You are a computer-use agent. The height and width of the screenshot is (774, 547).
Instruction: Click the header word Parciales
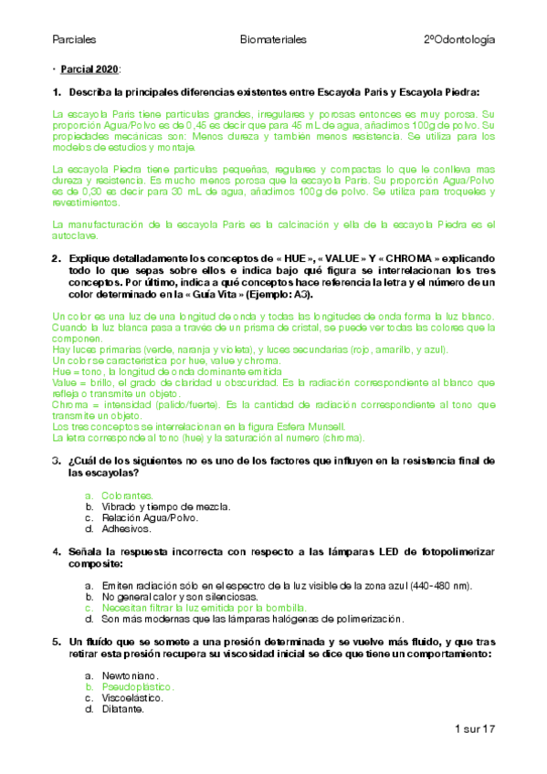[75, 40]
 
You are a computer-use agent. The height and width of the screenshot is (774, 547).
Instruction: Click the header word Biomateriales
[273, 40]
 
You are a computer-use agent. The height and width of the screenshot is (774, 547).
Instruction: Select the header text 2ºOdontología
[459, 40]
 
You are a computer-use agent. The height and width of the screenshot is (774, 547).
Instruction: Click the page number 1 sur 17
[473, 729]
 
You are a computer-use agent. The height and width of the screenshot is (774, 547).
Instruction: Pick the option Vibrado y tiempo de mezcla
[165, 506]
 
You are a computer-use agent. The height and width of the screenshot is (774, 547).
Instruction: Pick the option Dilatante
[124, 708]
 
